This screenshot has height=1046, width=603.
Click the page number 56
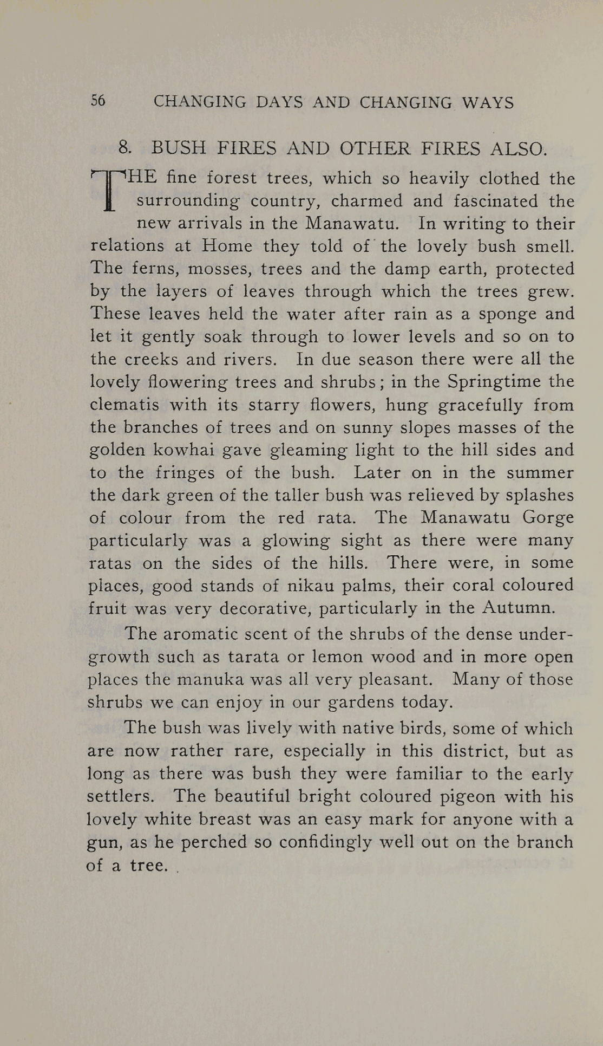(98, 101)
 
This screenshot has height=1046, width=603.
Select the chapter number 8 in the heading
(124, 148)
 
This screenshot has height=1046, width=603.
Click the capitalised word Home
(227, 246)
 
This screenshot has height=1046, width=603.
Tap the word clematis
(124, 405)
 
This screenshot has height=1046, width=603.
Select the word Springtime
(494, 382)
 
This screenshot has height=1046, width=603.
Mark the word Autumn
(518, 608)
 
